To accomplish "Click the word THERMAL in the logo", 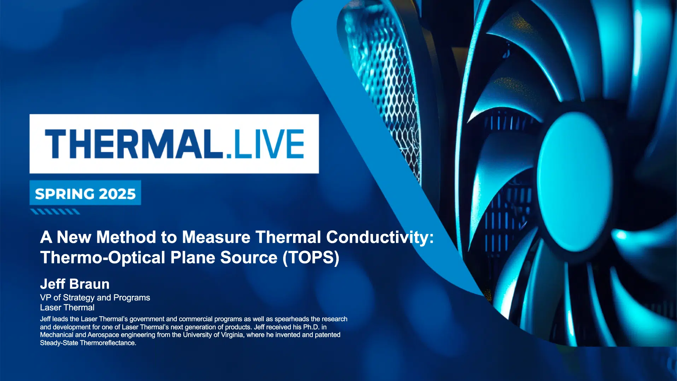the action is (x=134, y=144).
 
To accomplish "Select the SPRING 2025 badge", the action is (x=85, y=193).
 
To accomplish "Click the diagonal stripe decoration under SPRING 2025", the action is (x=55, y=212).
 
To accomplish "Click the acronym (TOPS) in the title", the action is (x=311, y=258).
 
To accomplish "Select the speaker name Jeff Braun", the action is (x=75, y=284).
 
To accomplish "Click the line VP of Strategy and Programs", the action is (x=95, y=298).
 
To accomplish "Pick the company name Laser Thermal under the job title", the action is (x=67, y=307).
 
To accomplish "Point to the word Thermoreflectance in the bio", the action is (x=108, y=343).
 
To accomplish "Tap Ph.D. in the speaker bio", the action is (x=311, y=327).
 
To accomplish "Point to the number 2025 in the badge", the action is (x=117, y=194).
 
